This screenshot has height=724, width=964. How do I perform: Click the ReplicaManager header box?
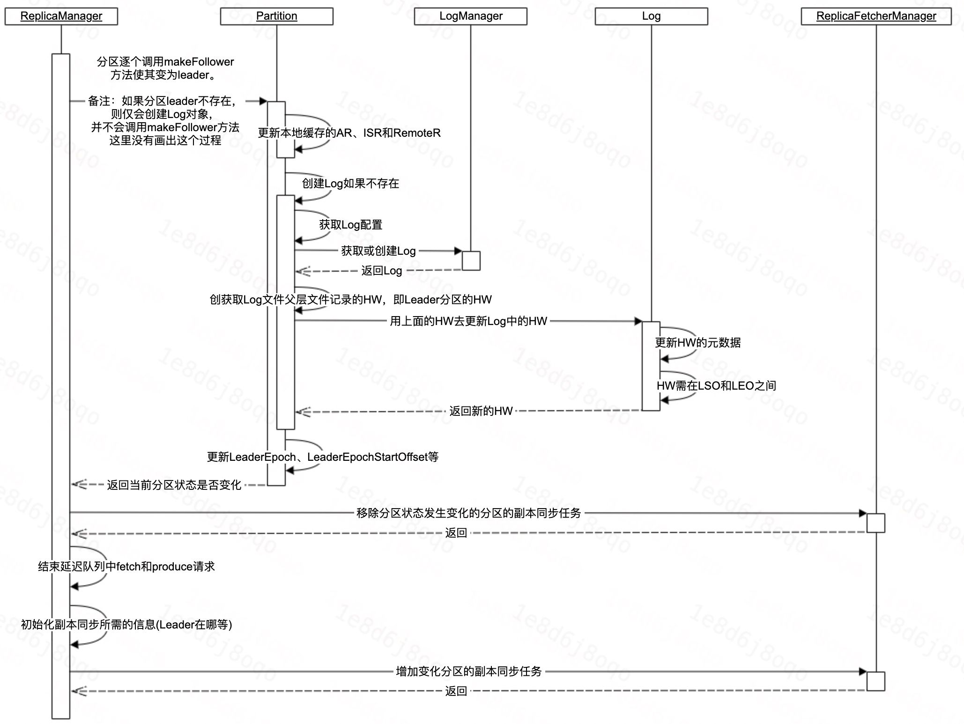tap(61, 16)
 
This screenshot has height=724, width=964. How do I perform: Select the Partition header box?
tap(276, 16)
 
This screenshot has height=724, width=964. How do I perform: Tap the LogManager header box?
tap(470, 16)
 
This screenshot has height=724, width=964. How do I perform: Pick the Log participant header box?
tap(651, 16)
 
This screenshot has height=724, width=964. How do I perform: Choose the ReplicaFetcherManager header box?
tap(876, 16)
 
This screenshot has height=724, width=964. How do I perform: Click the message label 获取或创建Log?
tap(378, 251)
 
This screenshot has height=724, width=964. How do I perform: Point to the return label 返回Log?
tap(382, 271)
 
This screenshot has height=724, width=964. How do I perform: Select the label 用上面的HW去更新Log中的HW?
tap(468, 321)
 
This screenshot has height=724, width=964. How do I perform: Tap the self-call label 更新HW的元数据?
tap(697, 343)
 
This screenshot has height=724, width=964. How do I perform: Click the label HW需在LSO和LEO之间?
tap(716, 386)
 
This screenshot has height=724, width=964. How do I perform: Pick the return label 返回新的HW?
tap(481, 411)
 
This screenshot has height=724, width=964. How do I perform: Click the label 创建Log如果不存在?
tap(350, 184)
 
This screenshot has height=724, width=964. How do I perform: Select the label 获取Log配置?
tap(351, 225)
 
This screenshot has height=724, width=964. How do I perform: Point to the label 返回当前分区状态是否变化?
tap(174, 485)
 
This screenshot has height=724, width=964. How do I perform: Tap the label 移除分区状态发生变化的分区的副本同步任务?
tap(468, 513)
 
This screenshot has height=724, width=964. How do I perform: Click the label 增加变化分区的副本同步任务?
tap(468, 672)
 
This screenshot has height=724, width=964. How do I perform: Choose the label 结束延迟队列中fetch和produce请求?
tap(126, 567)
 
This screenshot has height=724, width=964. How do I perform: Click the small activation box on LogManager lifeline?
tap(471, 261)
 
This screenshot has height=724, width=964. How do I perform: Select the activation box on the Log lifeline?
tap(651, 366)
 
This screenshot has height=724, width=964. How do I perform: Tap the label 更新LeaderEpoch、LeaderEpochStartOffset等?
tap(323, 457)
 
